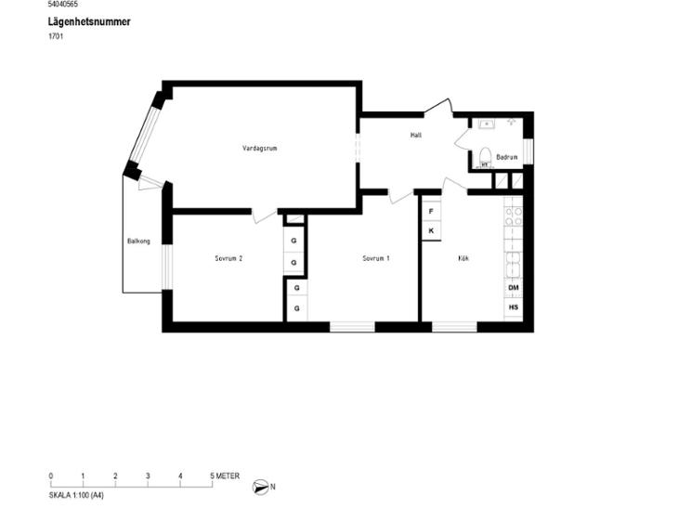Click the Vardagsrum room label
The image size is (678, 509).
pyautogui.click(x=259, y=149)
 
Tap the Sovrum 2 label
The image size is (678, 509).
pyautogui.click(x=228, y=258)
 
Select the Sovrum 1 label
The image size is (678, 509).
pyautogui.click(x=376, y=258)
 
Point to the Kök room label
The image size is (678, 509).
pyautogui.click(x=463, y=258)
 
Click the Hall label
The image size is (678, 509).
pyautogui.click(x=416, y=136)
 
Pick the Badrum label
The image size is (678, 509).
pyautogui.click(x=507, y=157)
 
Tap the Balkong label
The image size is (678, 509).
pyautogui.click(x=138, y=241)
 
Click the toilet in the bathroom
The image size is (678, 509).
pyautogui.click(x=485, y=157)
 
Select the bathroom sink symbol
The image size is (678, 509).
pyautogui.click(x=487, y=124)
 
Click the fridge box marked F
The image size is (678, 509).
pyautogui.click(x=431, y=212)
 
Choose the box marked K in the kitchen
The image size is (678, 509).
pyautogui.click(x=431, y=231)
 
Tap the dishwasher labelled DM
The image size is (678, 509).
pyautogui.click(x=514, y=288)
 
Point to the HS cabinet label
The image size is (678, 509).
pyautogui.click(x=514, y=307)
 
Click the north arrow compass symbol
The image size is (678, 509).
pyautogui.click(x=260, y=487)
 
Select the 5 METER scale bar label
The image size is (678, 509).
pyautogui.click(x=225, y=476)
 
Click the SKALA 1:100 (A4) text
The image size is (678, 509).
pyautogui.click(x=76, y=496)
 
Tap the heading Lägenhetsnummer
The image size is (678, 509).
pyautogui.click(x=89, y=21)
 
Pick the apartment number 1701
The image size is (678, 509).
pyautogui.click(x=56, y=36)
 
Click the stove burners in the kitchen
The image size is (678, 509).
pyautogui.click(x=514, y=216)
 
